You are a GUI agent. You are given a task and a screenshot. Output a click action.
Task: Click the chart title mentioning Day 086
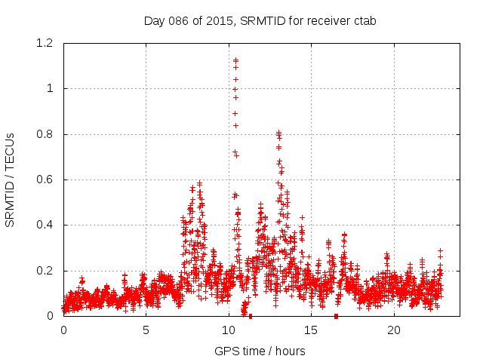[x=260, y=20]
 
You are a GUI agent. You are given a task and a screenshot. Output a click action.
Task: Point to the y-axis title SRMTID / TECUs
[x=11, y=179]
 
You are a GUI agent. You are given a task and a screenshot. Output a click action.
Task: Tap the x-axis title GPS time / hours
[x=260, y=351]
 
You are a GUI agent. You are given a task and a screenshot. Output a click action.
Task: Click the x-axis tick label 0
[x=63, y=330]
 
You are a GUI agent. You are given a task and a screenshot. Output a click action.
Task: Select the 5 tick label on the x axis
[x=146, y=330]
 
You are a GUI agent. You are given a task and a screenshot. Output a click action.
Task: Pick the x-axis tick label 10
[x=229, y=330]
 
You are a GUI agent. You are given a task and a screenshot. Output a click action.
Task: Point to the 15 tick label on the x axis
[x=312, y=330]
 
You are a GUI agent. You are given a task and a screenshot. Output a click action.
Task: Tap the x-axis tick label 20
[x=394, y=330]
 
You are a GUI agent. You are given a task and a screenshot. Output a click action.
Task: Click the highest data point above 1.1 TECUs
[x=235, y=60]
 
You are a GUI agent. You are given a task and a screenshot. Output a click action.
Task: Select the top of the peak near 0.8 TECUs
[x=278, y=133]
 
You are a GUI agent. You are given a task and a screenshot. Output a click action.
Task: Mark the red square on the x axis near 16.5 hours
[x=336, y=316]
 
